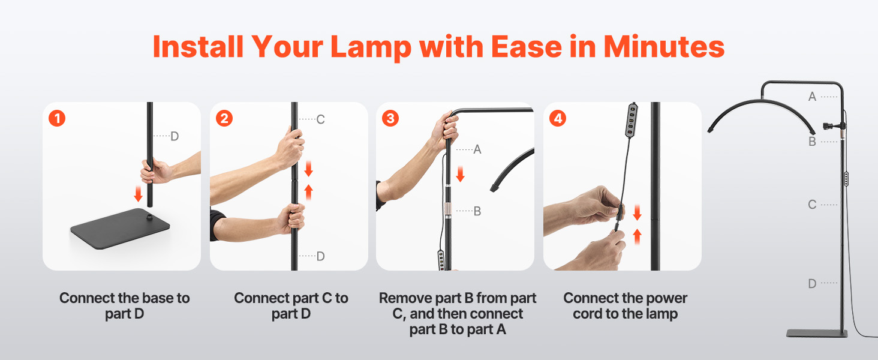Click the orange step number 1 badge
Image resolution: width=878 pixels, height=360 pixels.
(57, 118)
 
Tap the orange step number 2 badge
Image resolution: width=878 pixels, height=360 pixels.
(224, 118)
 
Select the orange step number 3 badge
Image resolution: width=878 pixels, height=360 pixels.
(390, 118)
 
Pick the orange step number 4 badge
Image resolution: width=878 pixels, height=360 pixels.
(558, 118)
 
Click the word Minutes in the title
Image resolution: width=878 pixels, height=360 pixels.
(663, 47)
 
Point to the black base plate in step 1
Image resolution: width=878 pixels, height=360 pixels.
(120, 228)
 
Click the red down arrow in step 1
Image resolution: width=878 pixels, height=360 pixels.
(138, 194)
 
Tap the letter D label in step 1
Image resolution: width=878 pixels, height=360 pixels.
(175, 136)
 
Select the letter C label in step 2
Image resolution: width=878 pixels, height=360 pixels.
(320, 119)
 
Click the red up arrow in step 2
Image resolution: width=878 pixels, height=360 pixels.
(308, 192)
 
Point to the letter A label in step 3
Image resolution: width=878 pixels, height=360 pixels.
(477, 149)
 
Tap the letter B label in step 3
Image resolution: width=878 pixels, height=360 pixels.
(477, 211)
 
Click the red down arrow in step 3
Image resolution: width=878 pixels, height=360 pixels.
(460, 174)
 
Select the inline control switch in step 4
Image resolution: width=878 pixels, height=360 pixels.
(632, 120)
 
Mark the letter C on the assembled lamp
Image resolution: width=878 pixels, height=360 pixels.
(812, 205)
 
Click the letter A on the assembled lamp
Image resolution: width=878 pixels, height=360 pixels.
(812, 97)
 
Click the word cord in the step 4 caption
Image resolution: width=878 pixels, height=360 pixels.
(588, 314)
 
